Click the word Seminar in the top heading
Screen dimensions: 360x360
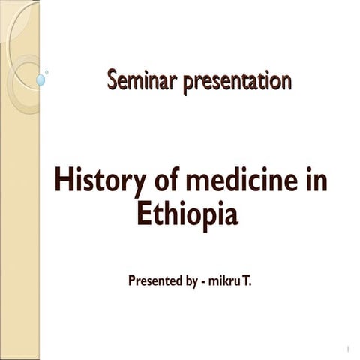pos(136,79)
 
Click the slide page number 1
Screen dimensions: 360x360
pos(349,348)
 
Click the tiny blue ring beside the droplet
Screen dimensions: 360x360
pos(46,72)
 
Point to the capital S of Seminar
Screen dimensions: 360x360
pos(112,79)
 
